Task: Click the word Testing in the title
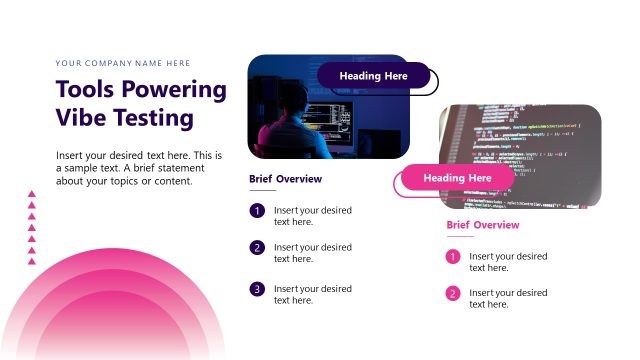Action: point(152,118)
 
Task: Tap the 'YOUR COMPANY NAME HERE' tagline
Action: point(123,63)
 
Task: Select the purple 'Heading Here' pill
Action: point(374,76)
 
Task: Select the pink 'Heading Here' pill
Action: point(457,178)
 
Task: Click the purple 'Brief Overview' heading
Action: point(285,179)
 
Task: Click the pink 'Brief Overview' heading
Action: point(482,225)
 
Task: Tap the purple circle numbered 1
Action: point(257,211)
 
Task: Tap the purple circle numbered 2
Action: point(257,248)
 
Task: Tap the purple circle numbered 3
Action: point(257,289)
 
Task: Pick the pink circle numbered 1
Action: point(453,257)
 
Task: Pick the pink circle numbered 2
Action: point(453,294)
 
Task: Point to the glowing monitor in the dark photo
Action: point(329,118)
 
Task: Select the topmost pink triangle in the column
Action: point(32,196)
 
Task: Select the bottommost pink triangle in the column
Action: point(32,262)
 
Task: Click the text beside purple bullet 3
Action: point(313,294)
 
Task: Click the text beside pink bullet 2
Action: point(508,298)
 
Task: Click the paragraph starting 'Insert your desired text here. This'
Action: point(139,168)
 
